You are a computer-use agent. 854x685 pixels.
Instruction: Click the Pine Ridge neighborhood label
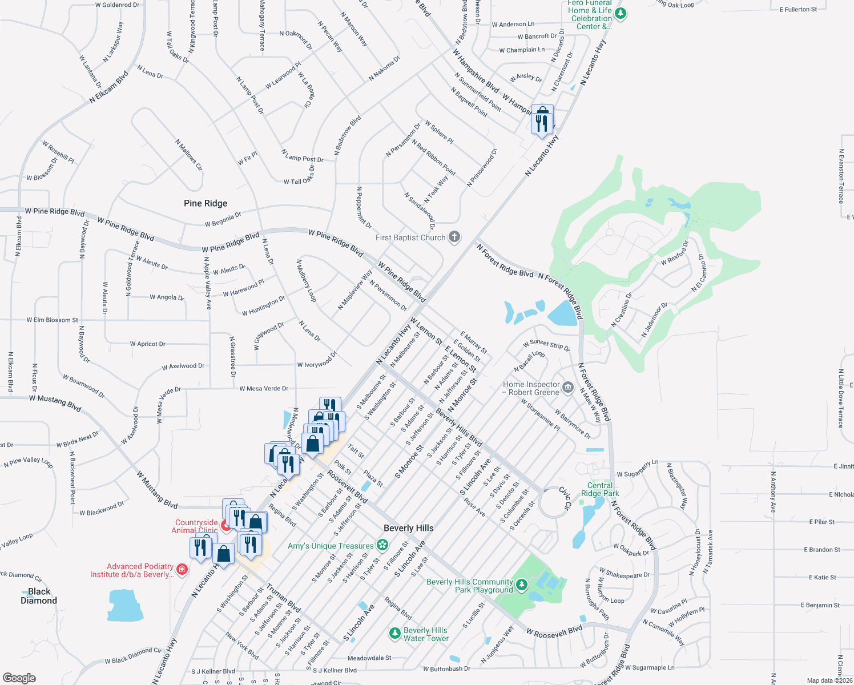[x=206, y=203]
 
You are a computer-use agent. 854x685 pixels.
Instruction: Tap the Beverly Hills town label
[x=409, y=528]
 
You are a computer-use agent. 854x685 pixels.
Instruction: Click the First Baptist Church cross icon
[x=454, y=237]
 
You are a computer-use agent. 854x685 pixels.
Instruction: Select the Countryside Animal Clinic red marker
[x=226, y=526]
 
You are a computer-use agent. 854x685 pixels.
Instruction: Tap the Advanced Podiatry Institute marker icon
[x=182, y=569]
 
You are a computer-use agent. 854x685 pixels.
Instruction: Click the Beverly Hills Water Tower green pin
[x=394, y=633]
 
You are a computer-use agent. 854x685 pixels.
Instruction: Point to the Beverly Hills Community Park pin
[x=522, y=585]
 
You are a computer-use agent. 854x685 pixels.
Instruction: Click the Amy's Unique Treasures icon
[x=382, y=545]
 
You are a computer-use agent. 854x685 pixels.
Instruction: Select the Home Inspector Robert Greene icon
[x=567, y=388]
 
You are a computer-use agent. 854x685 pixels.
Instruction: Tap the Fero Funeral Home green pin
[x=621, y=13]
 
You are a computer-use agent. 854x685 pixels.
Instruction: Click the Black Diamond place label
[x=39, y=596]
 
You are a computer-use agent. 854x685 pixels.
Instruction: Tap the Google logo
[x=19, y=678]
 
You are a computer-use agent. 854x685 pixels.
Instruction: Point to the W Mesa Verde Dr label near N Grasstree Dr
[x=264, y=389]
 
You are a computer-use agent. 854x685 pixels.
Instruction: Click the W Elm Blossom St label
[x=53, y=320]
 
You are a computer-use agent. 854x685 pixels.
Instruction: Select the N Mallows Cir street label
[x=189, y=155]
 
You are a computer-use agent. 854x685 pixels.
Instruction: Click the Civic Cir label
[x=565, y=498]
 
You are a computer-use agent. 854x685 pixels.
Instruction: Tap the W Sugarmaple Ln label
[x=650, y=667]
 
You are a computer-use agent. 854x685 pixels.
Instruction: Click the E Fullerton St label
[x=798, y=10]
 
